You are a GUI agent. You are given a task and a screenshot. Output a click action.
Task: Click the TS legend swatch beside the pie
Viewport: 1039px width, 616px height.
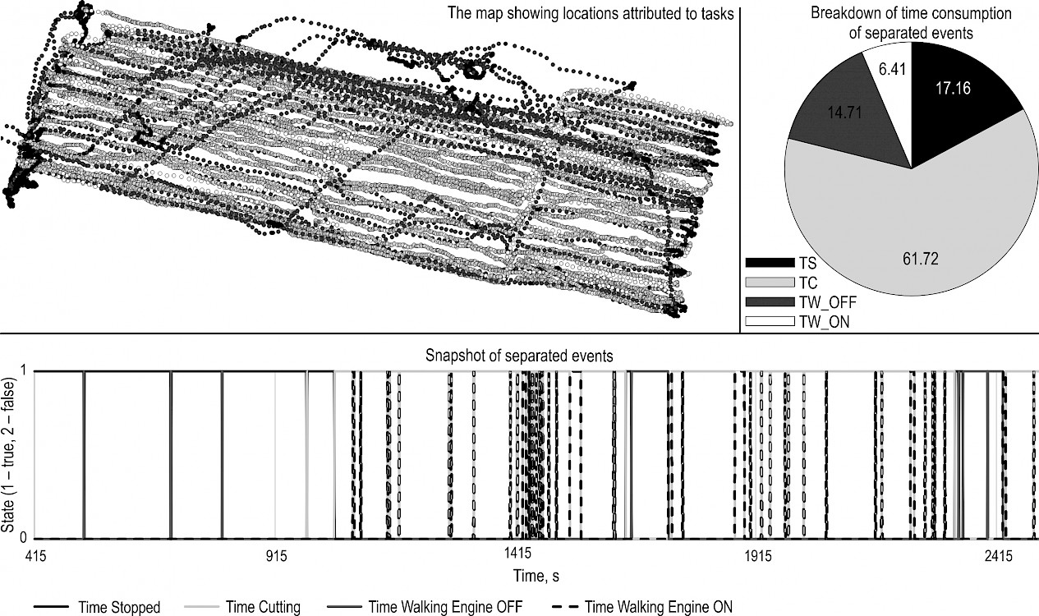tap(770, 263)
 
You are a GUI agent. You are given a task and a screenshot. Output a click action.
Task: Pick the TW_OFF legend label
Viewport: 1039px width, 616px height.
tap(827, 302)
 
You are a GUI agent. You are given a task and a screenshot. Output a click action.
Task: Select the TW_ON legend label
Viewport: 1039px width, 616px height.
tap(824, 322)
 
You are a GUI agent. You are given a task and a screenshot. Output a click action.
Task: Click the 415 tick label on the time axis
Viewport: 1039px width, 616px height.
tap(35, 555)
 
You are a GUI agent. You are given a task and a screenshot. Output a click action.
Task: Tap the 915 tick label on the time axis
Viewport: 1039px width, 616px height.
tap(277, 555)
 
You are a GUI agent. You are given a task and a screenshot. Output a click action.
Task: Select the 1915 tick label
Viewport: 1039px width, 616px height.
tap(758, 555)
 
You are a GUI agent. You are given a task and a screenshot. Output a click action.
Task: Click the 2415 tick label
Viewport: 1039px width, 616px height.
tap(999, 555)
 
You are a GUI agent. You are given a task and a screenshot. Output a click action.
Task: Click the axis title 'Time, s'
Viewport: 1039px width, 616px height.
tap(536, 576)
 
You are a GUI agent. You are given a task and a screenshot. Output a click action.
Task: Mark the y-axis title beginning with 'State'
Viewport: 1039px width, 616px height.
tap(8, 454)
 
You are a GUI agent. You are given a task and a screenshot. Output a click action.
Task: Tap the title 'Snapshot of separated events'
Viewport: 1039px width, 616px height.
tap(519, 356)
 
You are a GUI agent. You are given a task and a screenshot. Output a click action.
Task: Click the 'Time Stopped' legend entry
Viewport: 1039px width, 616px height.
tap(97, 607)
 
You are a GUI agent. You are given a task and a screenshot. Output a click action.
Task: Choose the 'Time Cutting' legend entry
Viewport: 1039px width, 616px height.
tap(242, 607)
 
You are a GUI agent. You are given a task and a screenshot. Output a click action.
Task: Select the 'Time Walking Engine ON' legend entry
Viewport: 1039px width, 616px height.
tap(643, 607)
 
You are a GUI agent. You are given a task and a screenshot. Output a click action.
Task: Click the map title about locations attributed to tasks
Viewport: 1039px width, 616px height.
tap(591, 13)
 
